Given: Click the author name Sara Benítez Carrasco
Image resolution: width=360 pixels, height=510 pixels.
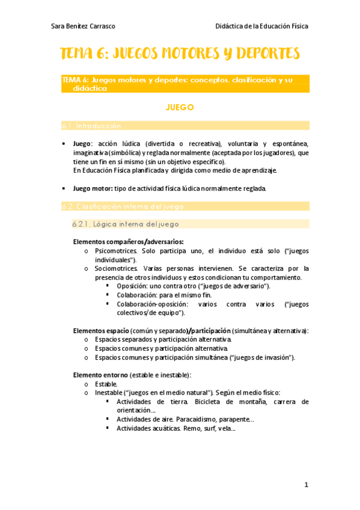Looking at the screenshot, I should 84,26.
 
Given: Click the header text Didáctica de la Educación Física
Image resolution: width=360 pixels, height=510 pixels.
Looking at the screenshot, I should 261,26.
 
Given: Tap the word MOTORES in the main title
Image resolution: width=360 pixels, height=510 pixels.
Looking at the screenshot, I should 177,54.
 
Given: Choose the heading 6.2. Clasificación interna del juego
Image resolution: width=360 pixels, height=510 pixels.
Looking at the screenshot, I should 123,206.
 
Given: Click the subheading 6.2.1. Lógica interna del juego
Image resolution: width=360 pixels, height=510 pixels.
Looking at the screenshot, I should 125,224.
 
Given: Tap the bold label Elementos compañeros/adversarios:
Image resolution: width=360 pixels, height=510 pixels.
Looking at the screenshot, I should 120,242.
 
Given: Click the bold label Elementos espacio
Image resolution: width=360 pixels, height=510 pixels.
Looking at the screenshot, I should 99,331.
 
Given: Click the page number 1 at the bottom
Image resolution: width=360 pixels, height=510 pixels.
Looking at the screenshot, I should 306,484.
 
